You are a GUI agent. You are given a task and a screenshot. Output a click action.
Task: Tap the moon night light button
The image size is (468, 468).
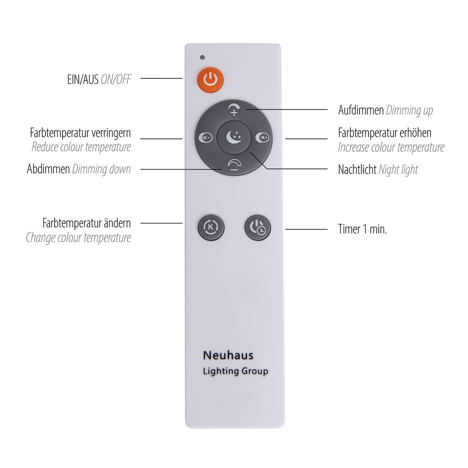234,137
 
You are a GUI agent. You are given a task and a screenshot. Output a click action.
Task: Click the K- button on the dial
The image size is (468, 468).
206,138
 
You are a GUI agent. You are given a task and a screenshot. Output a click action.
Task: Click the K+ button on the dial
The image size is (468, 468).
262,138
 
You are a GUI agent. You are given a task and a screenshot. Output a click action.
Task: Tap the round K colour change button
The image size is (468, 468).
211,227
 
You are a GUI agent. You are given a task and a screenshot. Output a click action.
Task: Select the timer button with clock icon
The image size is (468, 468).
257,227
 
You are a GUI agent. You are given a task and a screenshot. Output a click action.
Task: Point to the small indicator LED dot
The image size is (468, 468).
202,58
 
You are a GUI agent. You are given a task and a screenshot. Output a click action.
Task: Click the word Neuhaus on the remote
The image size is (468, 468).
228,356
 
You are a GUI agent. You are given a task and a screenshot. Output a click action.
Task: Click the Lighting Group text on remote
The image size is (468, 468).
236,371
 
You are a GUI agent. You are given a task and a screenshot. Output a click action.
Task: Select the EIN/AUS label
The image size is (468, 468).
83,80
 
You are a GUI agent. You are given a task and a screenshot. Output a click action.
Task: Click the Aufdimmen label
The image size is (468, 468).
361,110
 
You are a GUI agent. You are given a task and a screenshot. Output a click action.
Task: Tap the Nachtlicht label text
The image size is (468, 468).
357,170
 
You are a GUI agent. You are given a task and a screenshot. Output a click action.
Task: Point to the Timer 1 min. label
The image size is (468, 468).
362,229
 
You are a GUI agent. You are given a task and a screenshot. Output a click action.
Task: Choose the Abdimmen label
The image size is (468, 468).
48,169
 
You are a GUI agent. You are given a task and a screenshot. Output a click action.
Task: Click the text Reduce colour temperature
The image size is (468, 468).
82,147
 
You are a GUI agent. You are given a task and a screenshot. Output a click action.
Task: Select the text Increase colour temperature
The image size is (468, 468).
391,147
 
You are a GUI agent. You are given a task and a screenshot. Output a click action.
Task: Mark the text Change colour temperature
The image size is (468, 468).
78,238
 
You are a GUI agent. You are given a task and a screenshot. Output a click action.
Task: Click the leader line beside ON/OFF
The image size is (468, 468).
161,78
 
